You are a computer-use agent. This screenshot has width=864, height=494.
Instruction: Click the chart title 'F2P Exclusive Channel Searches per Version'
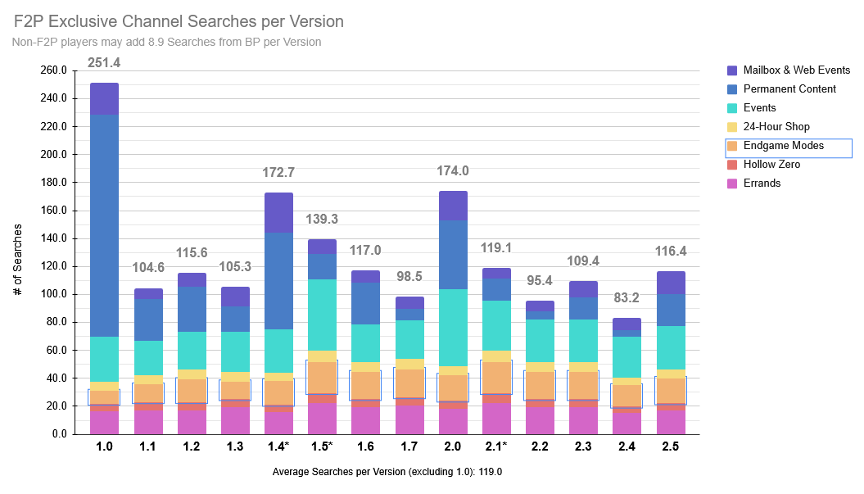179,21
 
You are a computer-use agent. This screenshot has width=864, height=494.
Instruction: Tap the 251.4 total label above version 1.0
104,63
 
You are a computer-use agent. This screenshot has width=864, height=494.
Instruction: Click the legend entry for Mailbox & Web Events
796,70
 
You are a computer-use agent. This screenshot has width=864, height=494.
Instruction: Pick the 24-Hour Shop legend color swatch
733,127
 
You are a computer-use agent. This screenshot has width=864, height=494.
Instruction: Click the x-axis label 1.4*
278,446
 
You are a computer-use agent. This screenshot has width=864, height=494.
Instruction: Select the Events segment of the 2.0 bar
453,328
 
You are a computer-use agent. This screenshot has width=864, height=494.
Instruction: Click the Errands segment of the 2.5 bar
671,421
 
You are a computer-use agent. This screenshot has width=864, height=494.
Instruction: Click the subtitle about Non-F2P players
167,42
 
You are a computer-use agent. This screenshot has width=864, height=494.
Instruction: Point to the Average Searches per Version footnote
387,472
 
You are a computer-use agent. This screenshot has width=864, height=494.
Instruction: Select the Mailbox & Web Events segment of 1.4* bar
278,212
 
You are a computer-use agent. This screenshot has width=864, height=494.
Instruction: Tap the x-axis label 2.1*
496,446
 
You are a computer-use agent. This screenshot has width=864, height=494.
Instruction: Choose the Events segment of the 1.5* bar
322,315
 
